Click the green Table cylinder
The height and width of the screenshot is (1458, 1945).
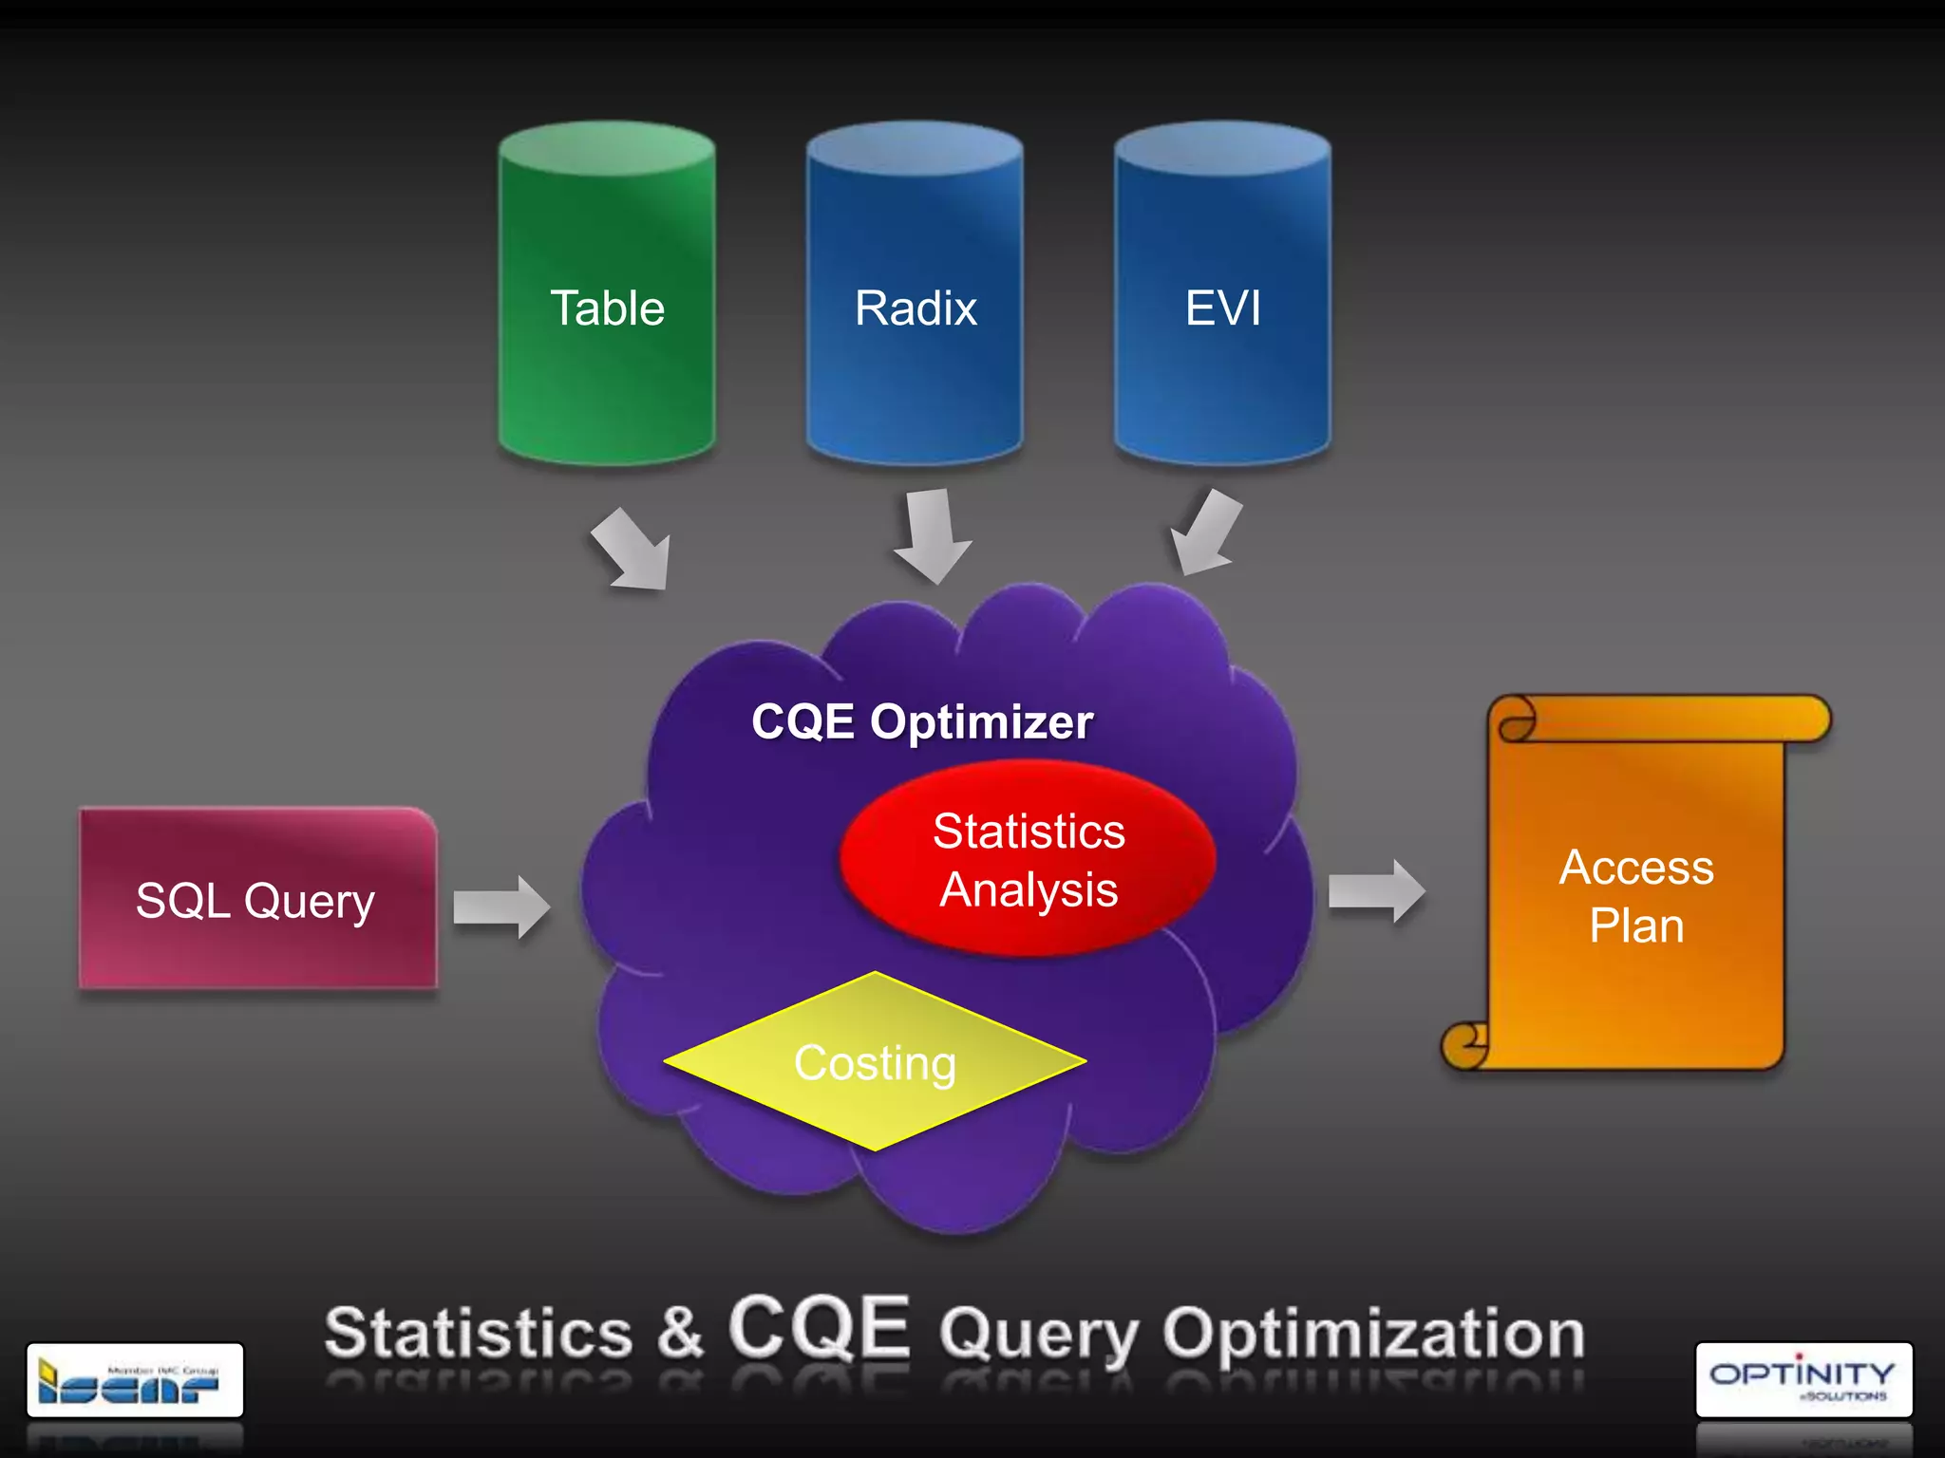[607, 294]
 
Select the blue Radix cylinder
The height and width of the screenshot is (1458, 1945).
[915, 294]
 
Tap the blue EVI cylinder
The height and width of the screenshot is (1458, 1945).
[1222, 294]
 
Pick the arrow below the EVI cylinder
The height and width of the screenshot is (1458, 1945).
[1204, 533]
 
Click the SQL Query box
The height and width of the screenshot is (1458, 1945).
[256, 899]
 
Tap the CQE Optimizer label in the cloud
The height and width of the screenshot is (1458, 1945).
[921, 721]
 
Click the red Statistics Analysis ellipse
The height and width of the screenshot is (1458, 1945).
[1029, 859]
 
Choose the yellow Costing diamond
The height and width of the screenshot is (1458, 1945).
[875, 1061]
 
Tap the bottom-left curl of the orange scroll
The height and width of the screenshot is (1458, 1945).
[1465, 1046]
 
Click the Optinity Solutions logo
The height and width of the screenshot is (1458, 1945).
[1803, 1379]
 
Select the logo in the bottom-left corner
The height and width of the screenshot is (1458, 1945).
[135, 1379]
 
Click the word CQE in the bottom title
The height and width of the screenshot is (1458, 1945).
[819, 1328]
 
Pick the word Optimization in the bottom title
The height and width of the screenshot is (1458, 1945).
[1373, 1334]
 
